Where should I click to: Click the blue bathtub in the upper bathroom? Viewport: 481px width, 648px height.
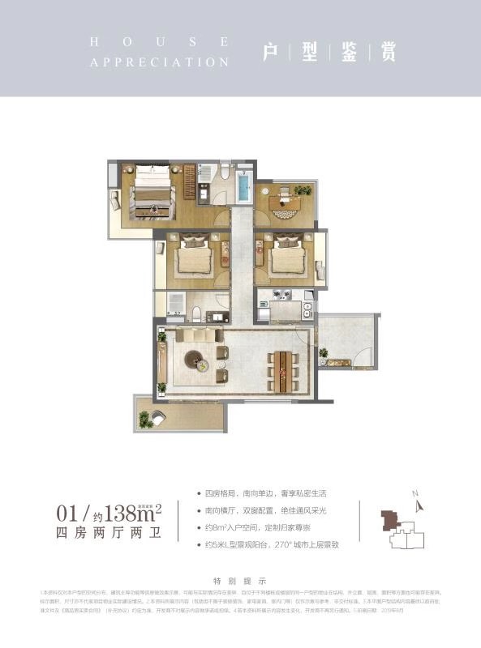[x=243, y=186]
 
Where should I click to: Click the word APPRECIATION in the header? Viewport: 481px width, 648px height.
[x=160, y=62]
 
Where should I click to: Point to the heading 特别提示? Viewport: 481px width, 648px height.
[x=240, y=581]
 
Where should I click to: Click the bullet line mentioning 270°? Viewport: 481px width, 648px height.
[x=273, y=544]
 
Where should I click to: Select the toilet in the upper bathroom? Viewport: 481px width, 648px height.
[x=225, y=173]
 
